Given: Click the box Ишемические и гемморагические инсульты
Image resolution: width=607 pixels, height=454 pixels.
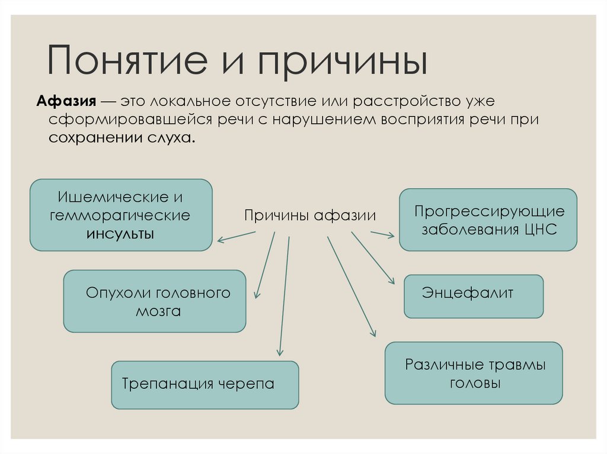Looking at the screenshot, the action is click(x=121, y=215).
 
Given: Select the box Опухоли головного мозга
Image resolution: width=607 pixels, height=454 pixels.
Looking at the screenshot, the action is click(x=154, y=301).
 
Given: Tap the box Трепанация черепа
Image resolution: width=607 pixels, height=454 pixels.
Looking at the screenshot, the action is click(x=205, y=384).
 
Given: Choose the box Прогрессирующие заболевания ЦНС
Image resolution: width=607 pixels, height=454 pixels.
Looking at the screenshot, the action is click(x=488, y=220).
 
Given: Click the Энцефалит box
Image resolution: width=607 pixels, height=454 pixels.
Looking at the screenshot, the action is click(x=473, y=296).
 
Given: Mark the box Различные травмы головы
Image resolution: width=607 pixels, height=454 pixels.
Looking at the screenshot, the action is click(x=473, y=373).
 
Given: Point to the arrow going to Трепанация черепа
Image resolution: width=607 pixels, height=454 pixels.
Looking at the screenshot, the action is click(x=284, y=296).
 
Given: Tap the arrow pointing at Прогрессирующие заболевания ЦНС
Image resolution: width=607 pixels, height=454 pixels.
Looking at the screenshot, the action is click(x=382, y=234).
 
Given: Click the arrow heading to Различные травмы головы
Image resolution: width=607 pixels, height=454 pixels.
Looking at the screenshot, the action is click(x=351, y=286).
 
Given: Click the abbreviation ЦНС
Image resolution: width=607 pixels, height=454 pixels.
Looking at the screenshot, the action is click(x=540, y=229).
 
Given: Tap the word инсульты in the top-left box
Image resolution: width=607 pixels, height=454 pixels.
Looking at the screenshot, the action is click(x=121, y=233).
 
